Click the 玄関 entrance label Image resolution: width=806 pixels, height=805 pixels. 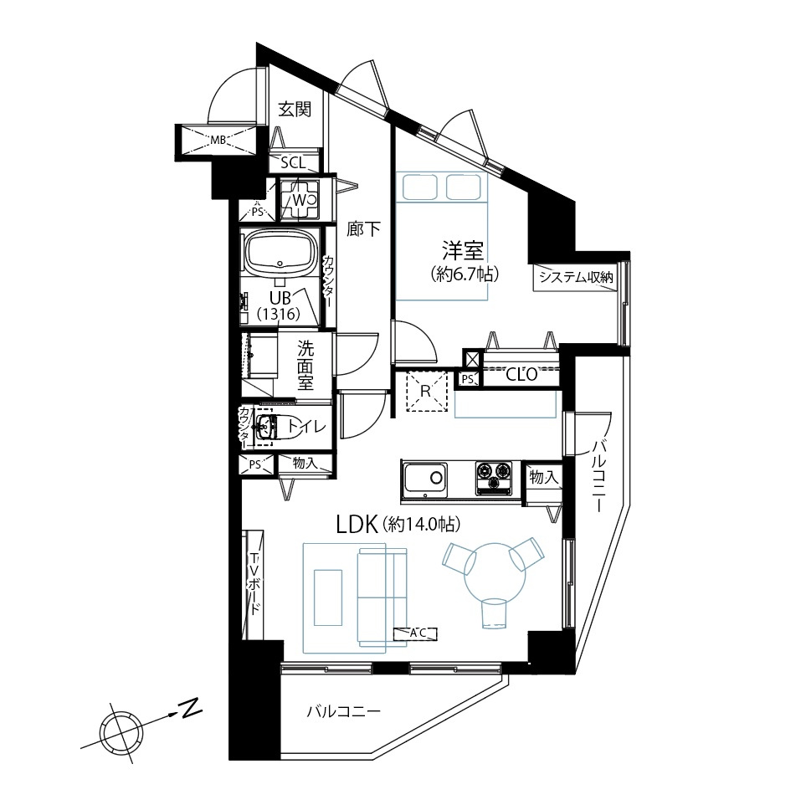[295, 110]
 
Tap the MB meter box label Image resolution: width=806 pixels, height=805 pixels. [218, 139]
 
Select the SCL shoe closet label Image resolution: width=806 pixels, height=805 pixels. [293, 163]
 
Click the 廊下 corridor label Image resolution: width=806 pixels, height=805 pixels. [363, 229]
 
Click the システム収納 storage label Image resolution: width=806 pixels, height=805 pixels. [576, 278]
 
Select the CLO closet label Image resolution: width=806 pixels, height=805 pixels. [521, 374]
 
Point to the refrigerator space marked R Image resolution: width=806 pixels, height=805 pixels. [425, 391]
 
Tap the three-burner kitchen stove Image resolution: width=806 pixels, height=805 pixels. [494, 478]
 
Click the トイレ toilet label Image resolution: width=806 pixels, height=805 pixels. [306, 426]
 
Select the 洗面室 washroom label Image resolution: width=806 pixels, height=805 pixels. [305, 366]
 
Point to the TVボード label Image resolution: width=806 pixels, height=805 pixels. [254, 584]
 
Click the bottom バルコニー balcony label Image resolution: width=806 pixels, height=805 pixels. [344, 712]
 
